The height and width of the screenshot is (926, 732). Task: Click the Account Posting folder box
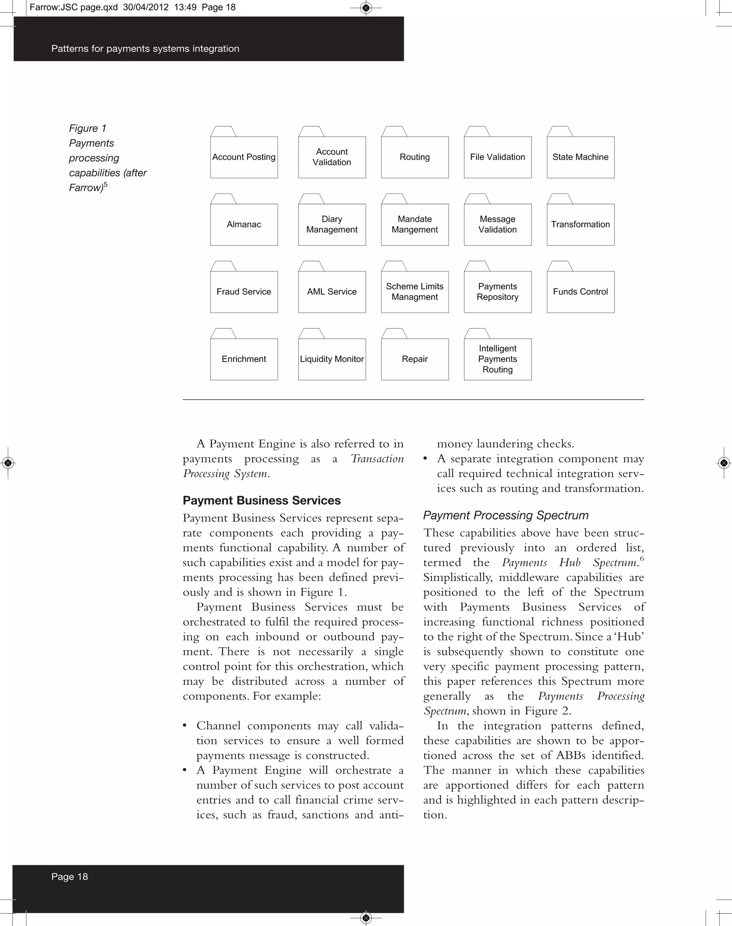point(244,157)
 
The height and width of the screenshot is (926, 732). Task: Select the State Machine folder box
point(580,157)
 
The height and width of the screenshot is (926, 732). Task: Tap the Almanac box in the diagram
point(244,224)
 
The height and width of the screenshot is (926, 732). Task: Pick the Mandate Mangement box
point(414,224)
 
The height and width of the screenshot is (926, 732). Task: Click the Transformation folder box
point(580,224)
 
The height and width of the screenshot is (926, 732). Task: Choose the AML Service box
point(332,292)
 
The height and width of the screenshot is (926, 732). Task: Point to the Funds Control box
point(580,292)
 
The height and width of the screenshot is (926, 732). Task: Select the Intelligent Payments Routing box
point(498,359)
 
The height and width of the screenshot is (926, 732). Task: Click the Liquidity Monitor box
point(332,359)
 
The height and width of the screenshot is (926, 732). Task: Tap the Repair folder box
point(414,359)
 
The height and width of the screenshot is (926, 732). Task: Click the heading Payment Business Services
point(261,500)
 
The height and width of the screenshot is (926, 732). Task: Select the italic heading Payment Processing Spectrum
point(506,515)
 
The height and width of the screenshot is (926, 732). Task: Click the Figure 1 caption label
point(88,129)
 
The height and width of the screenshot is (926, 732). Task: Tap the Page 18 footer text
point(69,877)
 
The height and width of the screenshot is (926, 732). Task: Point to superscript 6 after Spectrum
point(642,558)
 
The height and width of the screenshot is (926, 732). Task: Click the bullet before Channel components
point(185,726)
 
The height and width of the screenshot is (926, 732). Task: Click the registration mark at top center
point(366,8)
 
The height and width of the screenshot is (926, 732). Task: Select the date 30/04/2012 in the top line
point(146,7)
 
